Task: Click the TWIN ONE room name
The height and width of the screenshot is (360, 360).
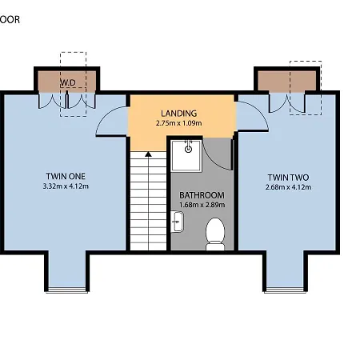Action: point(65,176)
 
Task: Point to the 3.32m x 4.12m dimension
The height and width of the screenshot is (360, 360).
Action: point(65,186)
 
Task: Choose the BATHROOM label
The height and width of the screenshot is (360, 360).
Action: point(202,194)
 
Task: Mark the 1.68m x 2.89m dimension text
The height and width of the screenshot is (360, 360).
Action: point(202,204)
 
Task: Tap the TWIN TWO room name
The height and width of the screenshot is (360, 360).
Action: point(288,177)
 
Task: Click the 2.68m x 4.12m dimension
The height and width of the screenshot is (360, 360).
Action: point(288,187)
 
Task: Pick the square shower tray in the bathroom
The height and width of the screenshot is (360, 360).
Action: point(187,154)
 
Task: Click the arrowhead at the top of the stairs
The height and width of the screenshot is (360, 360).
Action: point(147,153)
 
